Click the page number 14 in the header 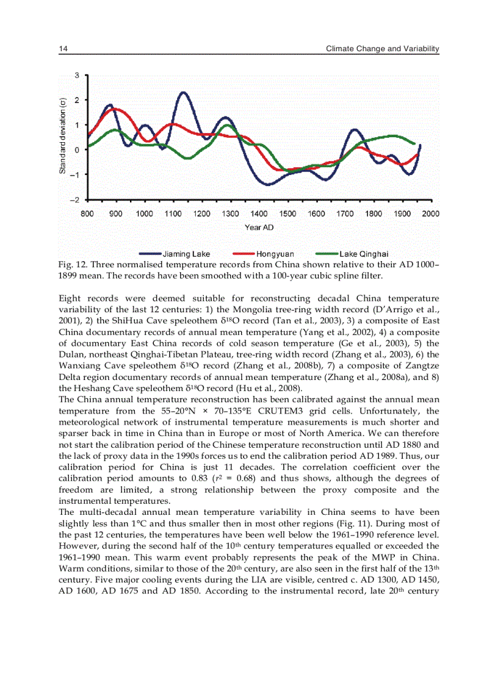[62, 48]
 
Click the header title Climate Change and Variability [383, 48]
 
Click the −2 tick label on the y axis [74, 200]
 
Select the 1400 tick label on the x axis [259, 213]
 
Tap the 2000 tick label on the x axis [431, 213]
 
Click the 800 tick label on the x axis [87, 213]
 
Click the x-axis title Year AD [259, 228]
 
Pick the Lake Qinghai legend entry [364, 254]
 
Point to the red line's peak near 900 [116, 109]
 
